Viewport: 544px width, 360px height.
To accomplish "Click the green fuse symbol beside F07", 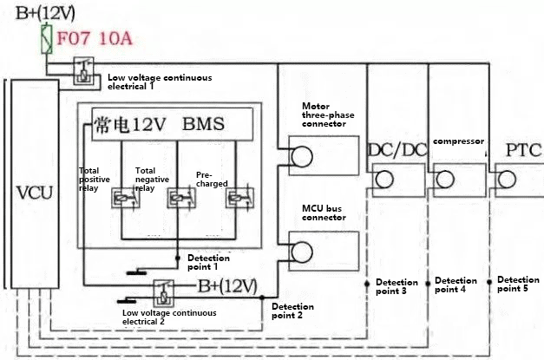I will coord(48,39).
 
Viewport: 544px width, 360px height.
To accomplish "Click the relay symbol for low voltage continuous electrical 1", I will coord(83,70).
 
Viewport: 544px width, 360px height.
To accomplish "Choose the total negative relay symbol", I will coord(177,199).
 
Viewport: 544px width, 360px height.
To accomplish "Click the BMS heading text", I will coord(203,124).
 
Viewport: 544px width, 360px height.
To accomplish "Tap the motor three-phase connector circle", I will coord(299,156).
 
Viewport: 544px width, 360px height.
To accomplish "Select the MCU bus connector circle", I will coord(300,251).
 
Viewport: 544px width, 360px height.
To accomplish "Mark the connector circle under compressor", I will coord(445,180).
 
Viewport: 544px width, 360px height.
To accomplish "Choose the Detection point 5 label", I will coord(518,285).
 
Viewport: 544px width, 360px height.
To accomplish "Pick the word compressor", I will coord(457,140).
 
